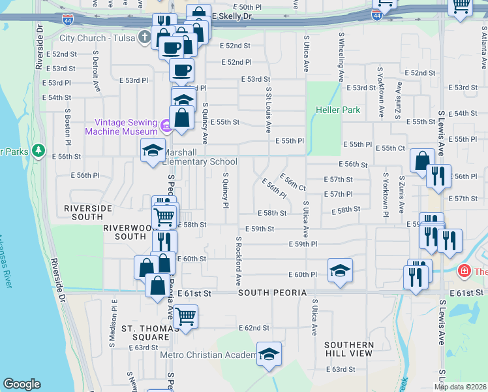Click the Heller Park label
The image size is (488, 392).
tap(338, 110)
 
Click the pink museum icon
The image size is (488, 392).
tap(166, 127)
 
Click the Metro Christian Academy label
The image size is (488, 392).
tap(209, 355)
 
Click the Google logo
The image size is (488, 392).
tap(22, 384)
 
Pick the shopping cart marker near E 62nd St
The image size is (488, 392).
tap(186, 316)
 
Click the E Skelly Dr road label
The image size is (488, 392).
tap(232, 16)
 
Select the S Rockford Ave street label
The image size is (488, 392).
tap(239, 261)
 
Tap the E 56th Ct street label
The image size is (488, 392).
tap(293, 182)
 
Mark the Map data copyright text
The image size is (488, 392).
tap(459, 387)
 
